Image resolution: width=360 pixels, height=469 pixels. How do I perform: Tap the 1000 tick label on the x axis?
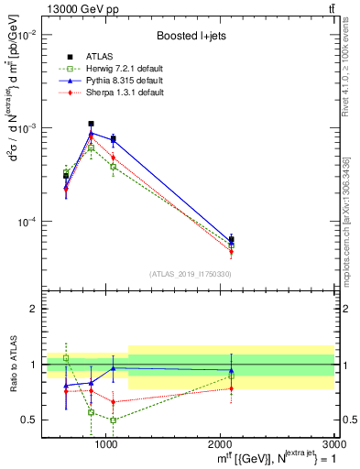pos(106,443)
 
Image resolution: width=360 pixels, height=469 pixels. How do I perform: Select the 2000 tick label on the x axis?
pos(220,443)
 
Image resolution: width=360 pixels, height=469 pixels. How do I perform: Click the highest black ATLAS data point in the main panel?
pos(91,124)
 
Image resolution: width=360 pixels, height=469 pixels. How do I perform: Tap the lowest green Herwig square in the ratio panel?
pos(113,420)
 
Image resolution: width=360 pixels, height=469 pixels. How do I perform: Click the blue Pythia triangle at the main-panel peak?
pos(91,134)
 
